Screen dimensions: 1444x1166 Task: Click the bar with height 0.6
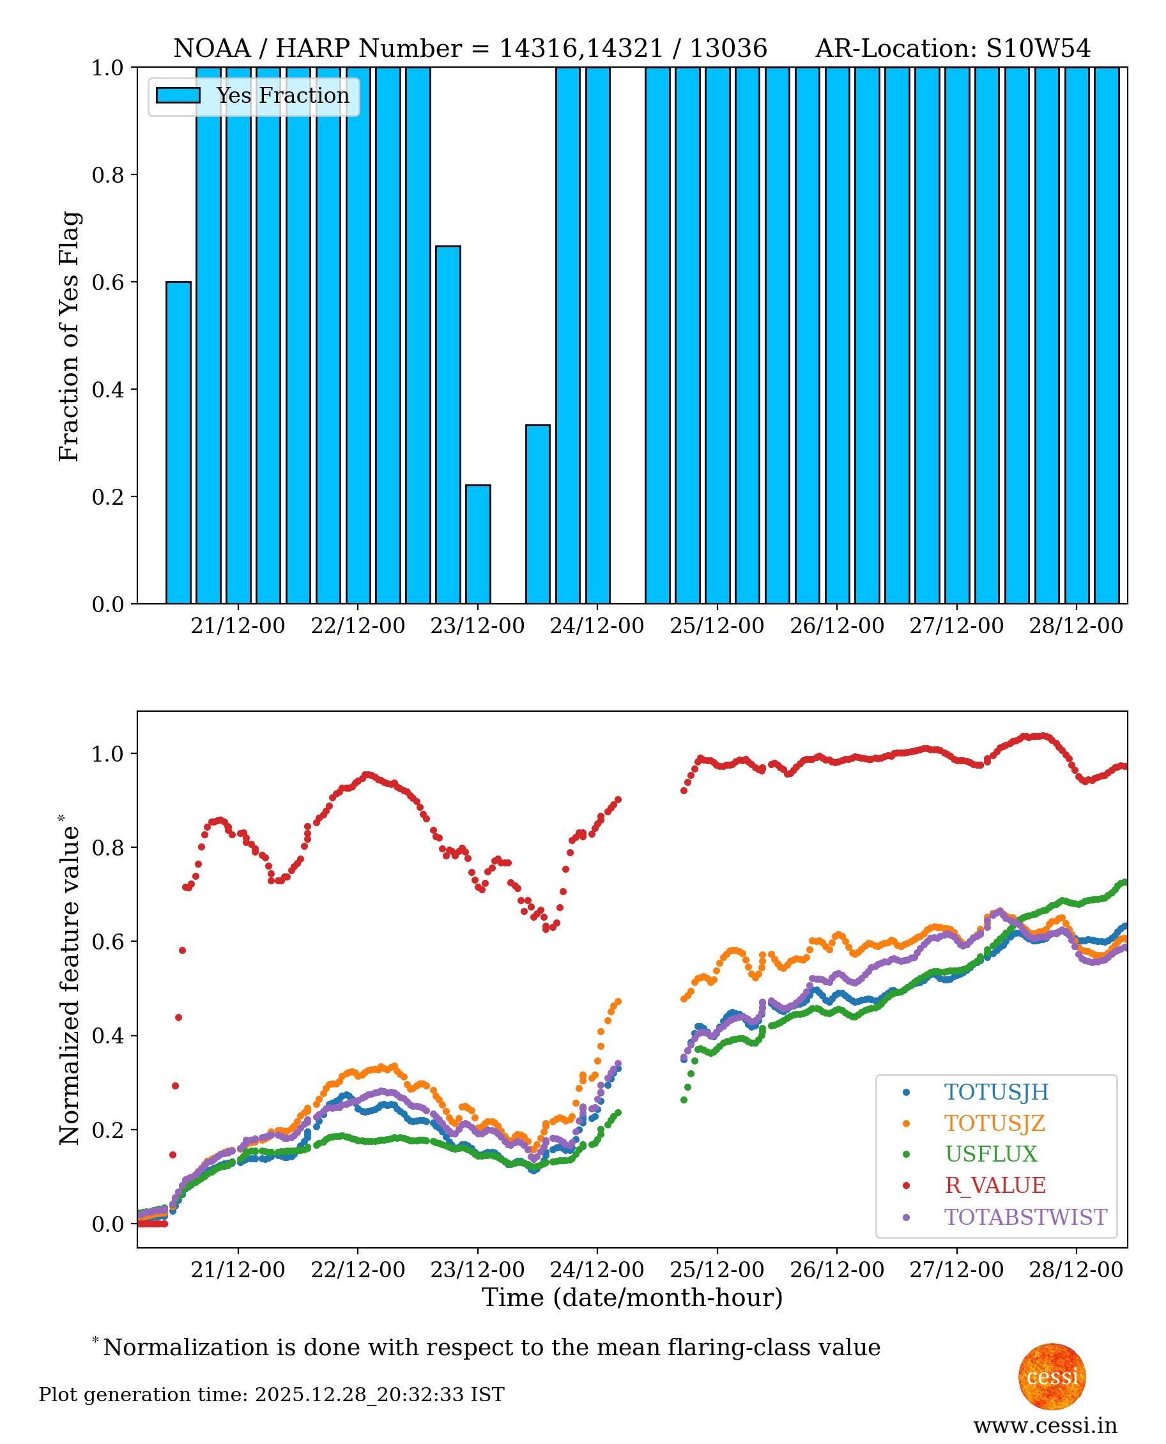pyautogui.click(x=178, y=443)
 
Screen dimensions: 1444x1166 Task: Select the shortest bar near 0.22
pyautogui.click(x=479, y=544)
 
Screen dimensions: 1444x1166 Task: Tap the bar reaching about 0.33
pyautogui.click(x=538, y=514)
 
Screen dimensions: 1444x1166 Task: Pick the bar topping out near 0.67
pyautogui.click(x=448, y=425)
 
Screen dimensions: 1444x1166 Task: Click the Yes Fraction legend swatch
pyautogui.click(x=178, y=96)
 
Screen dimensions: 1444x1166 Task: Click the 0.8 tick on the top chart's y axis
pyautogui.click(x=107, y=174)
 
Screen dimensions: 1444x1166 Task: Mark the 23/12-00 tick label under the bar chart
pyautogui.click(x=477, y=626)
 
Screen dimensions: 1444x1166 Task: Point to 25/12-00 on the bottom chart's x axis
pyautogui.click(x=717, y=1270)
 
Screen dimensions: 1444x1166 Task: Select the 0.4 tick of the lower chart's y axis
pyautogui.click(x=107, y=1036)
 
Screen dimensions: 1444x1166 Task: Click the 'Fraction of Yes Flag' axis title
pyautogui.click(x=69, y=336)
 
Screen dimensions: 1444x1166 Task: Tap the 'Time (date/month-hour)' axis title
pyautogui.click(x=632, y=1298)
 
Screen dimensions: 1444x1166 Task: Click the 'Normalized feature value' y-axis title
pyautogui.click(x=69, y=981)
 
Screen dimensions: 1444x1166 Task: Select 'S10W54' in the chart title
pyautogui.click(x=1038, y=49)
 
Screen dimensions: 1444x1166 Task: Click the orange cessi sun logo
pyautogui.click(x=1052, y=1377)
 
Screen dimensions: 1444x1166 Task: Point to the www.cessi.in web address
pyautogui.click(x=1045, y=1425)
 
